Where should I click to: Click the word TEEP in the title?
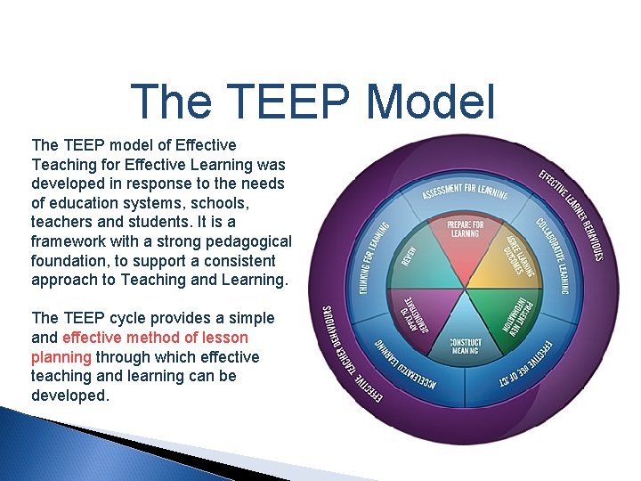click(x=288, y=102)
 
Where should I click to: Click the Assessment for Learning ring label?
click(x=464, y=190)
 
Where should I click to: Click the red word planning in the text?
click(x=61, y=357)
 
